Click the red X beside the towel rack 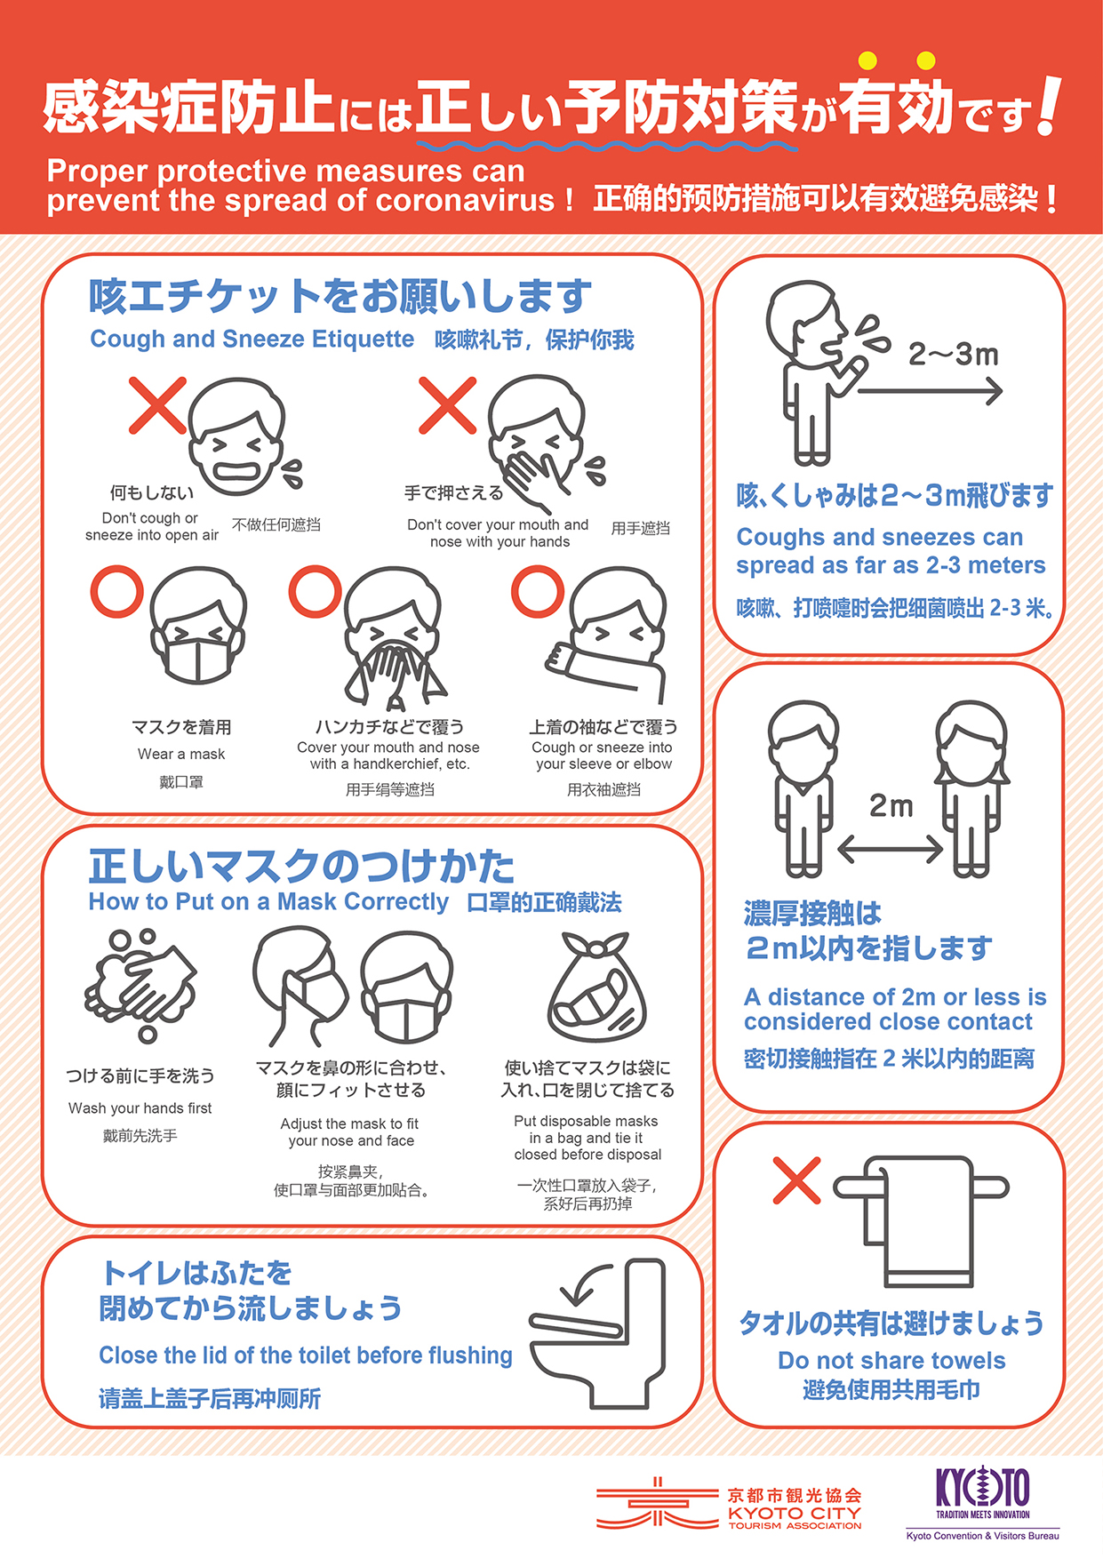point(796,1180)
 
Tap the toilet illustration point(597,1332)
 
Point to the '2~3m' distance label point(953,355)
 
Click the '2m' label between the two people point(891,805)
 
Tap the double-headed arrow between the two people point(890,848)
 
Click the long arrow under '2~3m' point(930,390)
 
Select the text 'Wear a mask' point(181,754)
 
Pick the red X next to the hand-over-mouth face point(447,405)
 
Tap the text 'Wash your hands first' point(140,1108)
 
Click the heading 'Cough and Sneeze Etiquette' point(252,339)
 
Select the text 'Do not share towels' point(891,1360)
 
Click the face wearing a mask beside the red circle point(198,626)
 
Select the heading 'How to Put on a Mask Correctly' point(268,901)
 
